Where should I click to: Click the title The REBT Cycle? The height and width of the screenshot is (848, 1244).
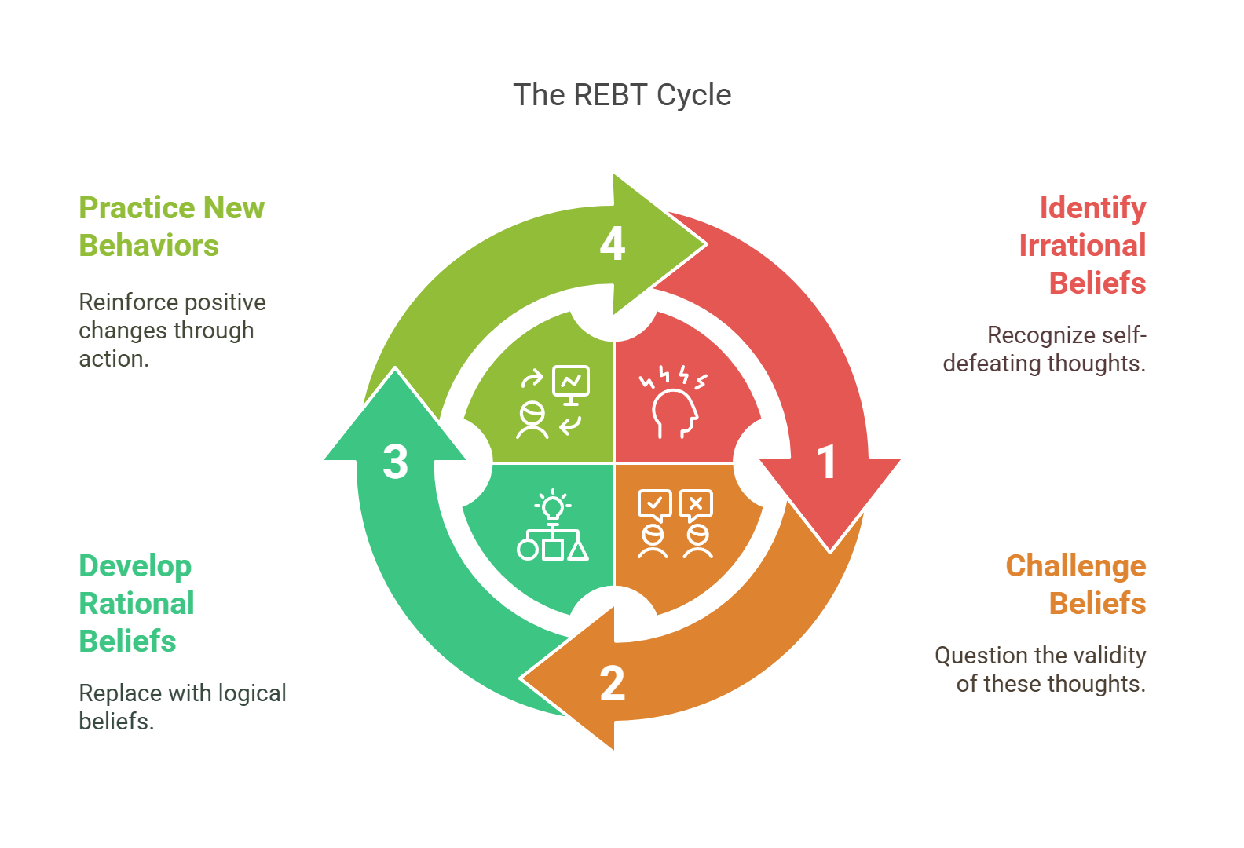[x=622, y=95]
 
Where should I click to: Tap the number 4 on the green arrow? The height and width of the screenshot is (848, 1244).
[x=613, y=243]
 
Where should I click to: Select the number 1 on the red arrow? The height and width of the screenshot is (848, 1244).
[x=825, y=462]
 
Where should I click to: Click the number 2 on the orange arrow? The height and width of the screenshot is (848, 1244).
[x=613, y=683]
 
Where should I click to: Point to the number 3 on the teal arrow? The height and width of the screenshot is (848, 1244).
[x=395, y=462]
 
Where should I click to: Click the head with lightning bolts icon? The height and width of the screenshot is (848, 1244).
[x=674, y=403]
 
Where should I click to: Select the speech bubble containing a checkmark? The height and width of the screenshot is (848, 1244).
[x=654, y=504]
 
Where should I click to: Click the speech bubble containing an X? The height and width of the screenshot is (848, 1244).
[x=696, y=504]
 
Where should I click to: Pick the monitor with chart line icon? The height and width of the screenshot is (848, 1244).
[x=571, y=382]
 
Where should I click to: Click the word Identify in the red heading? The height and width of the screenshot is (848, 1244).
[x=1092, y=208]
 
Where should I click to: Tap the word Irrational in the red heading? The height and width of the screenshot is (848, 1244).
[x=1082, y=246]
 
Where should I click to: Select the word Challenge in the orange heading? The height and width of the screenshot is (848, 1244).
[x=1075, y=566]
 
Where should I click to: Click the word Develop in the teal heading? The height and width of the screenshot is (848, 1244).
[x=135, y=566]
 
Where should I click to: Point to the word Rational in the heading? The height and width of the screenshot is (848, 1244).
[x=137, y=604]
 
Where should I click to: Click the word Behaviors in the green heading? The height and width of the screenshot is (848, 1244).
[x=148, y=246]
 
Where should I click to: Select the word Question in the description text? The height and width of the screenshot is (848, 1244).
[x=981, y=656]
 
